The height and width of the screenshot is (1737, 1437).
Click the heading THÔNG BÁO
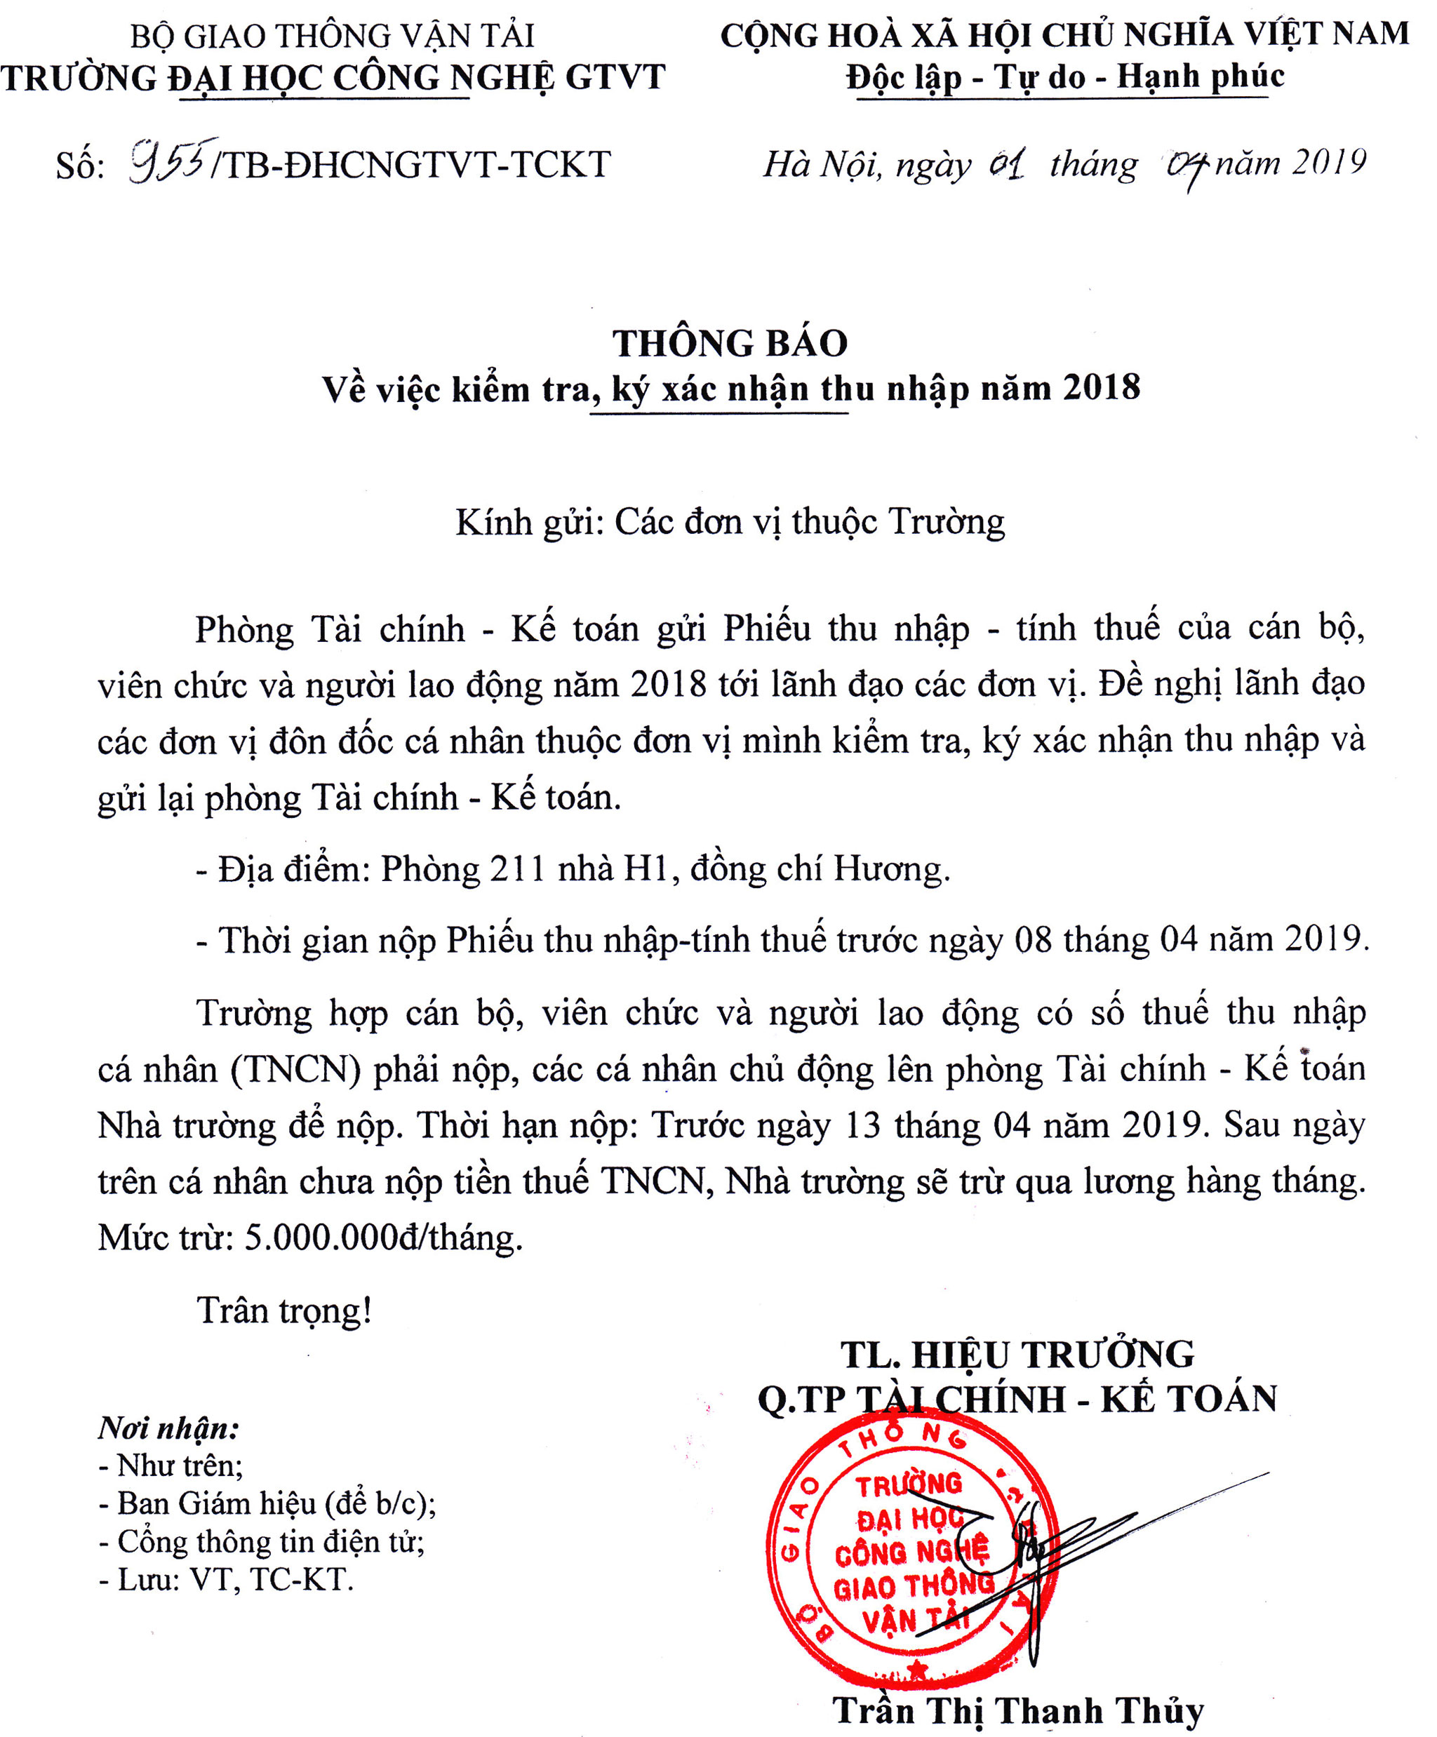[x=730, y=343]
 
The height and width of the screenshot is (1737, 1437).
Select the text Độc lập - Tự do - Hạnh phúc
[x=1064, y=77]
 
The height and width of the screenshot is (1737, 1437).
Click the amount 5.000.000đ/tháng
[x=384, y=1238]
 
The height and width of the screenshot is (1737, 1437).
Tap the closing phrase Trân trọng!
[x=283, y=1311]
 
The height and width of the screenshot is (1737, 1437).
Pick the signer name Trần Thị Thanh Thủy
[x=1017, y=1710]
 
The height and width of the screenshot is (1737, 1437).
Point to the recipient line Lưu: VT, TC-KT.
[x=226, y=1580]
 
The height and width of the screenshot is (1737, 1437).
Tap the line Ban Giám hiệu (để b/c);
[x=267, y=1504]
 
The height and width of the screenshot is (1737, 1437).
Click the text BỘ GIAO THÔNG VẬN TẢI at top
[x=332, y=36]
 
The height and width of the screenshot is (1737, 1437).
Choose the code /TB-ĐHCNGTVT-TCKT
[x=411, y=165]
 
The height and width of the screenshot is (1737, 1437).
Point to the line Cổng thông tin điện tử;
[x=262, y=1542]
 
